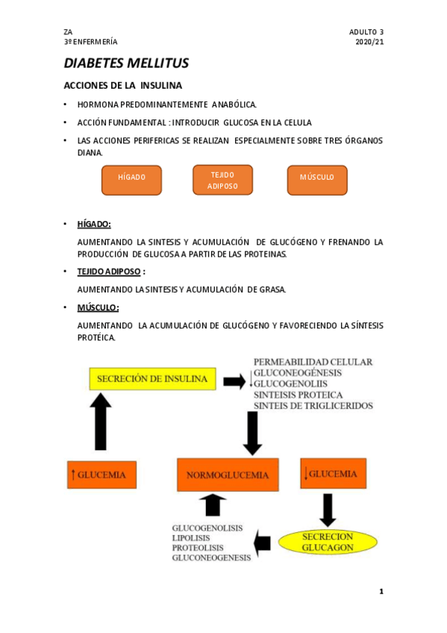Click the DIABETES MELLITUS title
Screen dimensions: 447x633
126,63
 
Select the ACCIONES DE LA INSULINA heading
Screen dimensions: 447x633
123,85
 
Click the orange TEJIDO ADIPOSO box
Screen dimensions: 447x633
222,180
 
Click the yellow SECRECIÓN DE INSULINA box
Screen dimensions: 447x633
152,378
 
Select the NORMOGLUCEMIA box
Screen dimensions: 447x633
228,475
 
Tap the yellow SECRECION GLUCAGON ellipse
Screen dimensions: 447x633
328,542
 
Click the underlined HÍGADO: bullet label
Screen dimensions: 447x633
94,224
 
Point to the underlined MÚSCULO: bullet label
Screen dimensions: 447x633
98,308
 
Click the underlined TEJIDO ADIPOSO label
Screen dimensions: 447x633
109,272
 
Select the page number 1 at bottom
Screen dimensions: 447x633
381,592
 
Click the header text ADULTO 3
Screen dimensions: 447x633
366,32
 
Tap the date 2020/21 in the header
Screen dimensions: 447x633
369,42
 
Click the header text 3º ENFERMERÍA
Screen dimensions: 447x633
90,42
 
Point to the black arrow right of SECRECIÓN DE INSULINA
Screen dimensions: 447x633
234,381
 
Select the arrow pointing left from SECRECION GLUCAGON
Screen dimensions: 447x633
263,543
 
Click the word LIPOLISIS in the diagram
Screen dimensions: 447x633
191,537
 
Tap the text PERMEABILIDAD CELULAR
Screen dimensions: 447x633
313,362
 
